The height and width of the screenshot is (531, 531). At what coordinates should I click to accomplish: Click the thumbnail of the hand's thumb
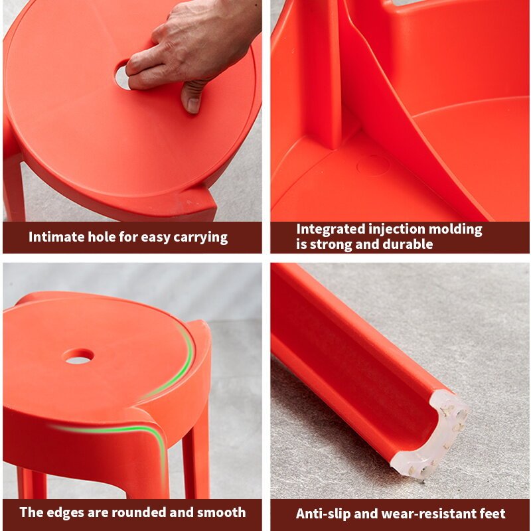point(193,105)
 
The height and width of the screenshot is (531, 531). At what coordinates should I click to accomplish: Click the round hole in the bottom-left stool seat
point(78,356)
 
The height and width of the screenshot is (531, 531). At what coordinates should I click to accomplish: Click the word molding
point(455,230)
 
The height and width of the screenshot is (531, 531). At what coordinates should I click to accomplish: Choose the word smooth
point(221,512)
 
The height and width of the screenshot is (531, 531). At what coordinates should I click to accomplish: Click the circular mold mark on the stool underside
point(373,165)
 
